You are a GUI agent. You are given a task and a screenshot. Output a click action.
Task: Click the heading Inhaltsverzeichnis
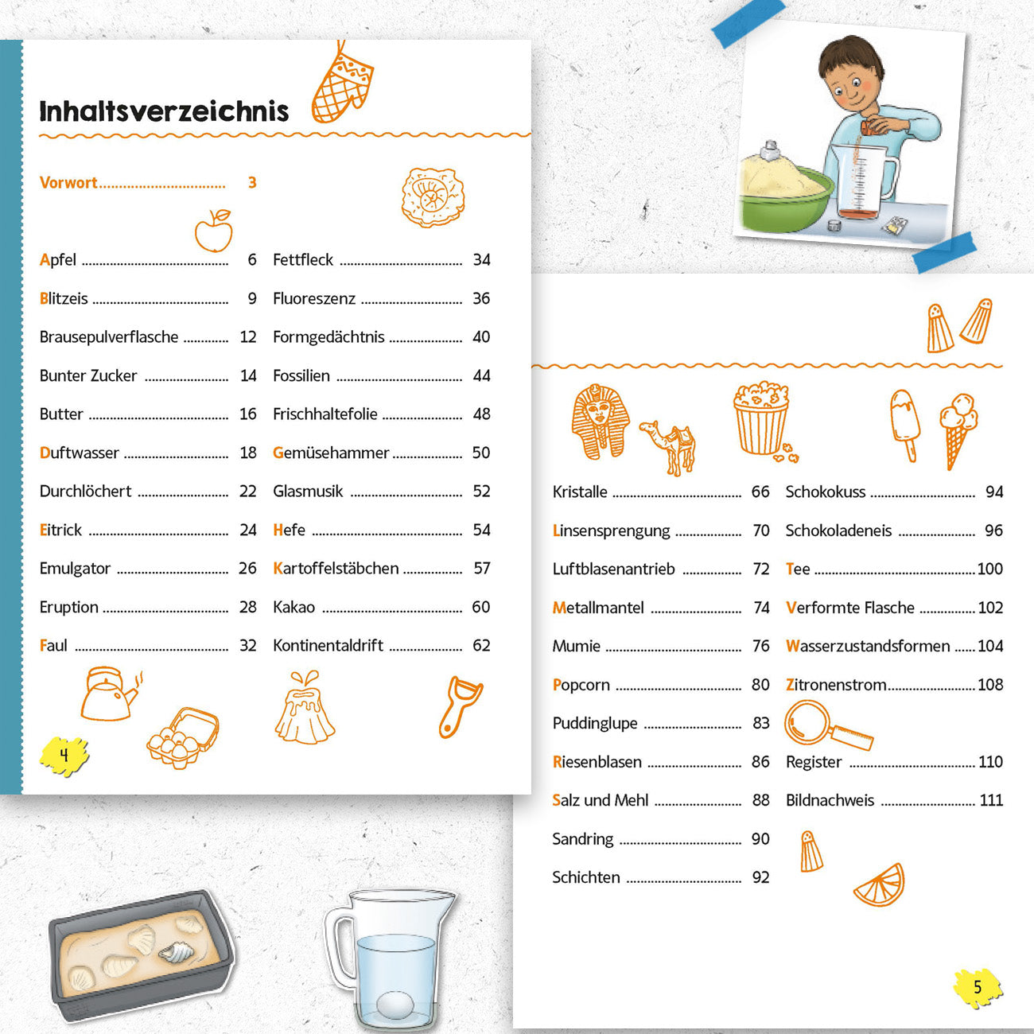click(x=164, y=111)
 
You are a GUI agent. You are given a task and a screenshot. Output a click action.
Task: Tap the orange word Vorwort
click(x=68, y=182)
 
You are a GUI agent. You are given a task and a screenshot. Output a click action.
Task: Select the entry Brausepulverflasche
click(x=109, y=337)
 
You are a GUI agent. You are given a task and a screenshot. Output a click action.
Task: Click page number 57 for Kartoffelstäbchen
click(x=481, y=568)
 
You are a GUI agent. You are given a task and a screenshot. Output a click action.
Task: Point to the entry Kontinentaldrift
click(x=328, y=645)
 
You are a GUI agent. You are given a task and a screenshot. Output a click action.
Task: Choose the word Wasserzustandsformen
click(x=868, y=646)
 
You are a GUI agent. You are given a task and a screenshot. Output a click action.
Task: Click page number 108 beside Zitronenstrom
click(x=990, y=685)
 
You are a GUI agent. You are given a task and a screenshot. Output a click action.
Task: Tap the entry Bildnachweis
click(x=830, y=801)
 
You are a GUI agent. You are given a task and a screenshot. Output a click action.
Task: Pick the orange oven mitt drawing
click(x=342, y=84)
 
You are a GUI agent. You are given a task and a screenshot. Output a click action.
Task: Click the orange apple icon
click(x=214, y=231)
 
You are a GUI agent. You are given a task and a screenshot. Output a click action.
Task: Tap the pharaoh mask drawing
click(x=600, y=422)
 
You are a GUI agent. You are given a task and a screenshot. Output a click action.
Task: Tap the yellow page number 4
click(x=64, y=756)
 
